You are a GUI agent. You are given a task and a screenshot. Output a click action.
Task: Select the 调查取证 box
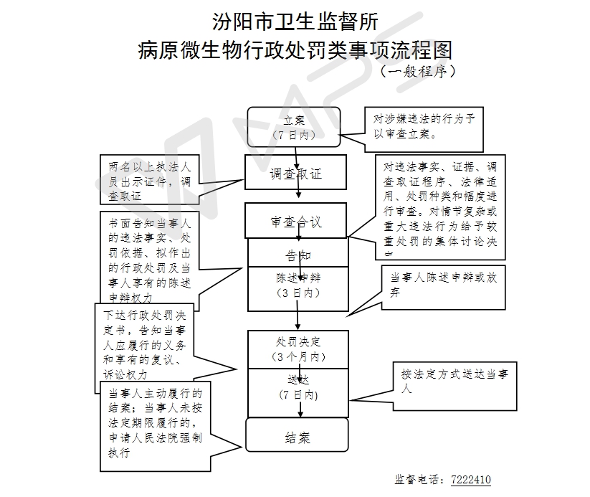point(296,174)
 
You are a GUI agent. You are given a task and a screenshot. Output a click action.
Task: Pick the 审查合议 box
point(296,221)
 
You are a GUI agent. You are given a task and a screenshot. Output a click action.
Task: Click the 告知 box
point(297,254)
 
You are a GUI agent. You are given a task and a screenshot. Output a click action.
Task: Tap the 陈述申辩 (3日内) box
point(297,285)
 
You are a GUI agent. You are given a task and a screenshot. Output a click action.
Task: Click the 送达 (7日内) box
point(298,388)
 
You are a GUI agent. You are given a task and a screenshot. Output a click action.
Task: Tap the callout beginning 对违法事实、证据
point(440,206)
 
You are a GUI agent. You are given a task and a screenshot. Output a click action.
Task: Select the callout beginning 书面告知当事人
point(150,257)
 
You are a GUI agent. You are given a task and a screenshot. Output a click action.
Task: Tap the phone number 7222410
point(470,479)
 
